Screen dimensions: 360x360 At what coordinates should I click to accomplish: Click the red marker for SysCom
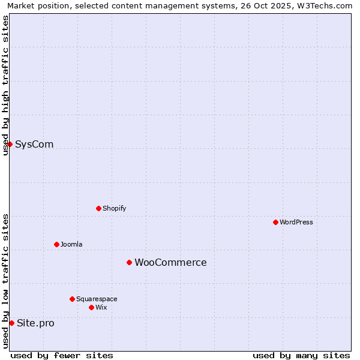pyautogui.click(x=10, y=144)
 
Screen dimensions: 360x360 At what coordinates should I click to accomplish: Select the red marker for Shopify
pyautogui.click(x=98, y=208)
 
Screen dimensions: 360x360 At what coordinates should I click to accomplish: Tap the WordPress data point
pyautogui.click(x=275, y=222)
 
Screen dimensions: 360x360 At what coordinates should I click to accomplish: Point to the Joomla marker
pyautogui.click(x=56, y=244)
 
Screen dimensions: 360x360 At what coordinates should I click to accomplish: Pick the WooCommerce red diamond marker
pyautogui.click(x=129, y=262)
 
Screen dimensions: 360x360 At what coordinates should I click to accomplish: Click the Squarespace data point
pyautogui.click(x=72, y=299)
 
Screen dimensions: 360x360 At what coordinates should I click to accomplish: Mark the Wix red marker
pyautogui.click(x=91, y=307)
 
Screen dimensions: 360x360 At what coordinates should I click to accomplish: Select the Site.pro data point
pyautogui.click(x=11, y=323)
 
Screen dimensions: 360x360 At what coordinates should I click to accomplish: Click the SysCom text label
pyautogui.click(x=34, y=144)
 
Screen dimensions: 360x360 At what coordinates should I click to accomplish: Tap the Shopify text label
pyautogui.click(x=114, y=208)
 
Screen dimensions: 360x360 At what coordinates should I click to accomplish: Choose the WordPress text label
pyautogui.click(x=296, y=222)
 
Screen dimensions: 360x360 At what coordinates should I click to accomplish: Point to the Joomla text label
pyautogui.click(x=71, y=244)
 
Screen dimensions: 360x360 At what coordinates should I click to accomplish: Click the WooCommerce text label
pyautogui.click(x=170, y=262)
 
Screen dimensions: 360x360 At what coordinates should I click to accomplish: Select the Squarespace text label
pyautogui.click(x=97, y=299)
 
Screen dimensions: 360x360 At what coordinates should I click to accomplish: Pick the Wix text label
pyautogui.click(x=101, y=307)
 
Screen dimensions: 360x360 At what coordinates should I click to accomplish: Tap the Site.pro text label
pyautogui.click(x=35, y=323)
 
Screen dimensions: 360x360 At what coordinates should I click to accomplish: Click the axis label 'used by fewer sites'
pyautogui.click(x=62, y=355)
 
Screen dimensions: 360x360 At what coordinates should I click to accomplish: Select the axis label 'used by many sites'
pyautogui.click(x=301, y=355)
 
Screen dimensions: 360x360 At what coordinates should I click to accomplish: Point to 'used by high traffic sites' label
pyautogui.click(x=5, y=85)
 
